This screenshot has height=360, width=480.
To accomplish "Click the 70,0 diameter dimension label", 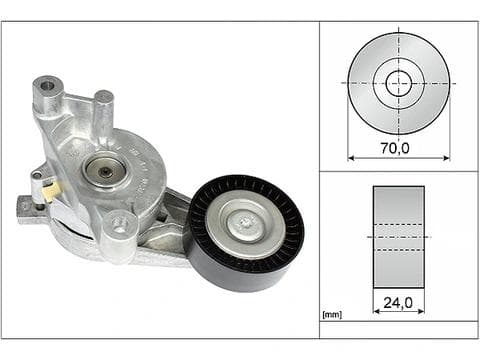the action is pos(395,148).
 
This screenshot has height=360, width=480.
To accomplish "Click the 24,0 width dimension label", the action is pos(398,303).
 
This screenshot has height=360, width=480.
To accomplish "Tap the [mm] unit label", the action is pos(332,314).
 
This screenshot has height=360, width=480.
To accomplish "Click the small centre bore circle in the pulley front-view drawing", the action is pos(399,83).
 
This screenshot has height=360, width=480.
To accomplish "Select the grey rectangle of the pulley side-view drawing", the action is pos(399,237).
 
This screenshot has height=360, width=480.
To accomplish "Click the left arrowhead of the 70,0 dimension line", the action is pos(351,158).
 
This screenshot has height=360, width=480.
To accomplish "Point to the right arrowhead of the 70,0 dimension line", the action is pos(447,158).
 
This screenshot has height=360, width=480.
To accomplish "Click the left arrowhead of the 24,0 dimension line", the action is pos(377,311).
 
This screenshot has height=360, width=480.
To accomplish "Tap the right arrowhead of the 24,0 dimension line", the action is pos(421,311).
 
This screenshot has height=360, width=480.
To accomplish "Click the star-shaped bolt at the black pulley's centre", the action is pos(246,224).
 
